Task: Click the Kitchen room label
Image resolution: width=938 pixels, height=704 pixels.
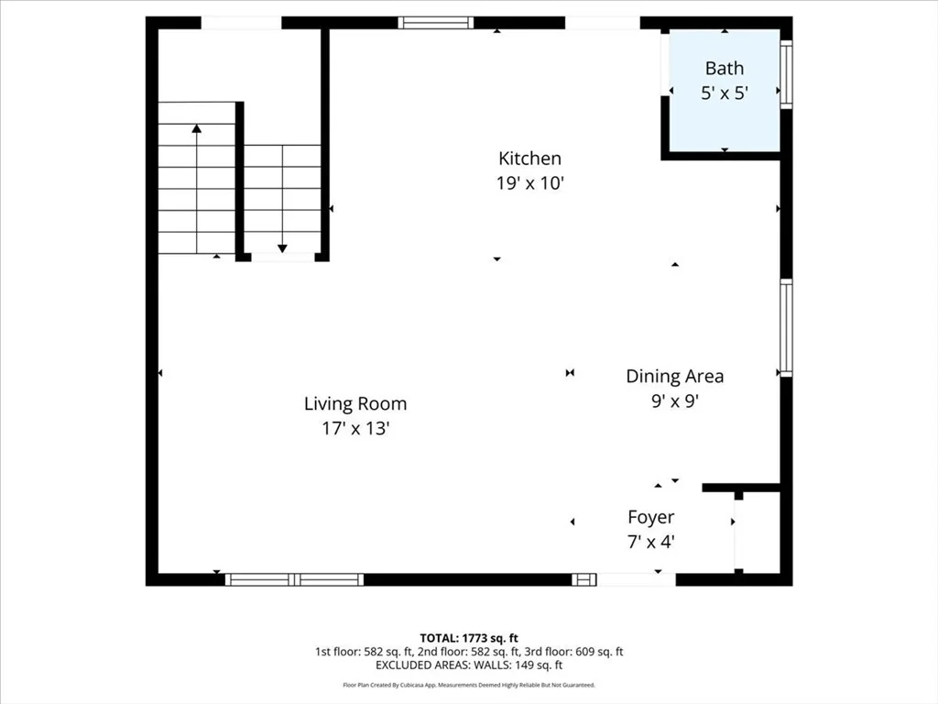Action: [529, 159]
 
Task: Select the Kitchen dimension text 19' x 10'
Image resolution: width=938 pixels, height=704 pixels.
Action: [530, 183]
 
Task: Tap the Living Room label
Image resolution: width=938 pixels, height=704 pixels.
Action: [355, 404]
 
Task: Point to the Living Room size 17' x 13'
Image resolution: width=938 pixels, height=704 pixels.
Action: [356, 429]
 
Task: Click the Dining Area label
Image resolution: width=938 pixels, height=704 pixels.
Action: [675, 377]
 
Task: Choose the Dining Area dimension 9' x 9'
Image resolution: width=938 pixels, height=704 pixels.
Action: [675, 401]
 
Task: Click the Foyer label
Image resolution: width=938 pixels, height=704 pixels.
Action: [651, 517]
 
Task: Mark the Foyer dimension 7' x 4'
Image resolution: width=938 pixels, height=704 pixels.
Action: [651, 542]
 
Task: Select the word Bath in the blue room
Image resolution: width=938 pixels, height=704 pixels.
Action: [725, 68]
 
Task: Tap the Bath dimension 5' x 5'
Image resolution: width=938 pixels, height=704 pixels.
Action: [725, 93]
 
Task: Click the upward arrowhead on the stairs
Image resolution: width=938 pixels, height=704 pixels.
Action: [197, 128]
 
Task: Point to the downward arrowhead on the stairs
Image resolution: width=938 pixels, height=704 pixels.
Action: [282, 248]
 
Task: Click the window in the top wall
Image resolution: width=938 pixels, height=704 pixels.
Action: [436, 23]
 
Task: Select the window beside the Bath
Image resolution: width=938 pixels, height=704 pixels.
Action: [787, 74]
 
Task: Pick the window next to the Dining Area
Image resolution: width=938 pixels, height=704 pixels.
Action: [787, 327]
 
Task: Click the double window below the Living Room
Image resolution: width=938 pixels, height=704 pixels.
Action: [294, 579]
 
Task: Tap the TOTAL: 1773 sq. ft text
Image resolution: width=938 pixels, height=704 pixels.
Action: [469, 638]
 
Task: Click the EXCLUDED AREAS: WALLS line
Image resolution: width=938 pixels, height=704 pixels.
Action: [469, 665]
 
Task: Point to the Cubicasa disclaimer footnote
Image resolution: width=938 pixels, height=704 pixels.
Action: [469, 685]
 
